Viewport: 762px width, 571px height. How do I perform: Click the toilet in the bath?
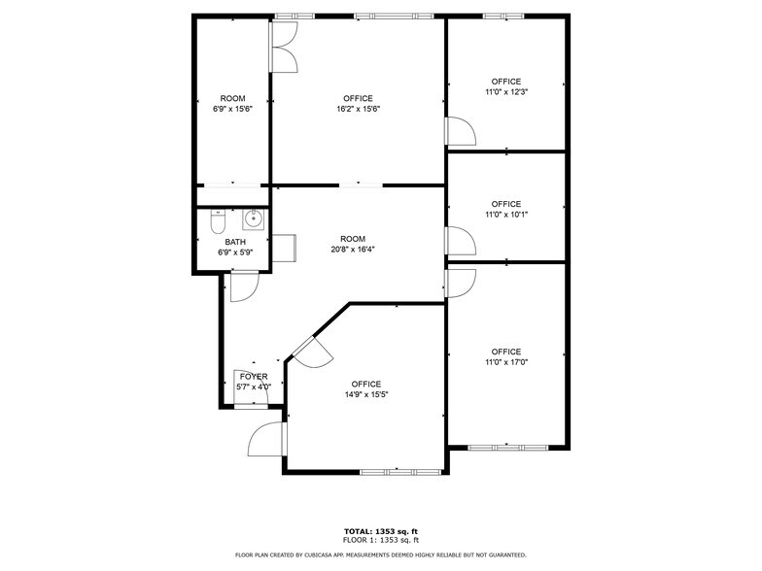[x=218, y=221]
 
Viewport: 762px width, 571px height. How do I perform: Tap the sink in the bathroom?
[x=253, y=219]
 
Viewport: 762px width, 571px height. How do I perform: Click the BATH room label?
[x=235, y=242]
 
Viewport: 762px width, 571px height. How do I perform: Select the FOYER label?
[x=254, y=377]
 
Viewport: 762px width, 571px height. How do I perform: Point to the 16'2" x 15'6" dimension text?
[x=358, y=109]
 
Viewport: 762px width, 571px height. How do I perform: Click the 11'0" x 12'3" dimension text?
[x=506, y=91]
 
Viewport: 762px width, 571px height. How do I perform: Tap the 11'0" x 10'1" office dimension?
[x=506, y=214]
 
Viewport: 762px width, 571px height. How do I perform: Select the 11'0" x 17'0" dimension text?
[x=506, y=361]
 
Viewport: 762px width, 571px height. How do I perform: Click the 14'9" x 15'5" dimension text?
[x=366, y=394]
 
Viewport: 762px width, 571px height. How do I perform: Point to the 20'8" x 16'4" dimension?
[x=353, y=249]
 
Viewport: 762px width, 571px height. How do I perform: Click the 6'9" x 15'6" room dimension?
[x=233, y=109]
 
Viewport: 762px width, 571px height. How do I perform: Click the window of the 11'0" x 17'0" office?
[x=507, y=448]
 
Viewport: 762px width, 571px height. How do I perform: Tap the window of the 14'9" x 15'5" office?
[x=400, y=472]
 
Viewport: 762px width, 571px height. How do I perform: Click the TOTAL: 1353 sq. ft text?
[x=381, y=532]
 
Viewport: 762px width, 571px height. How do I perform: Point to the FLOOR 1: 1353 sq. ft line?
[x=381, y=540]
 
